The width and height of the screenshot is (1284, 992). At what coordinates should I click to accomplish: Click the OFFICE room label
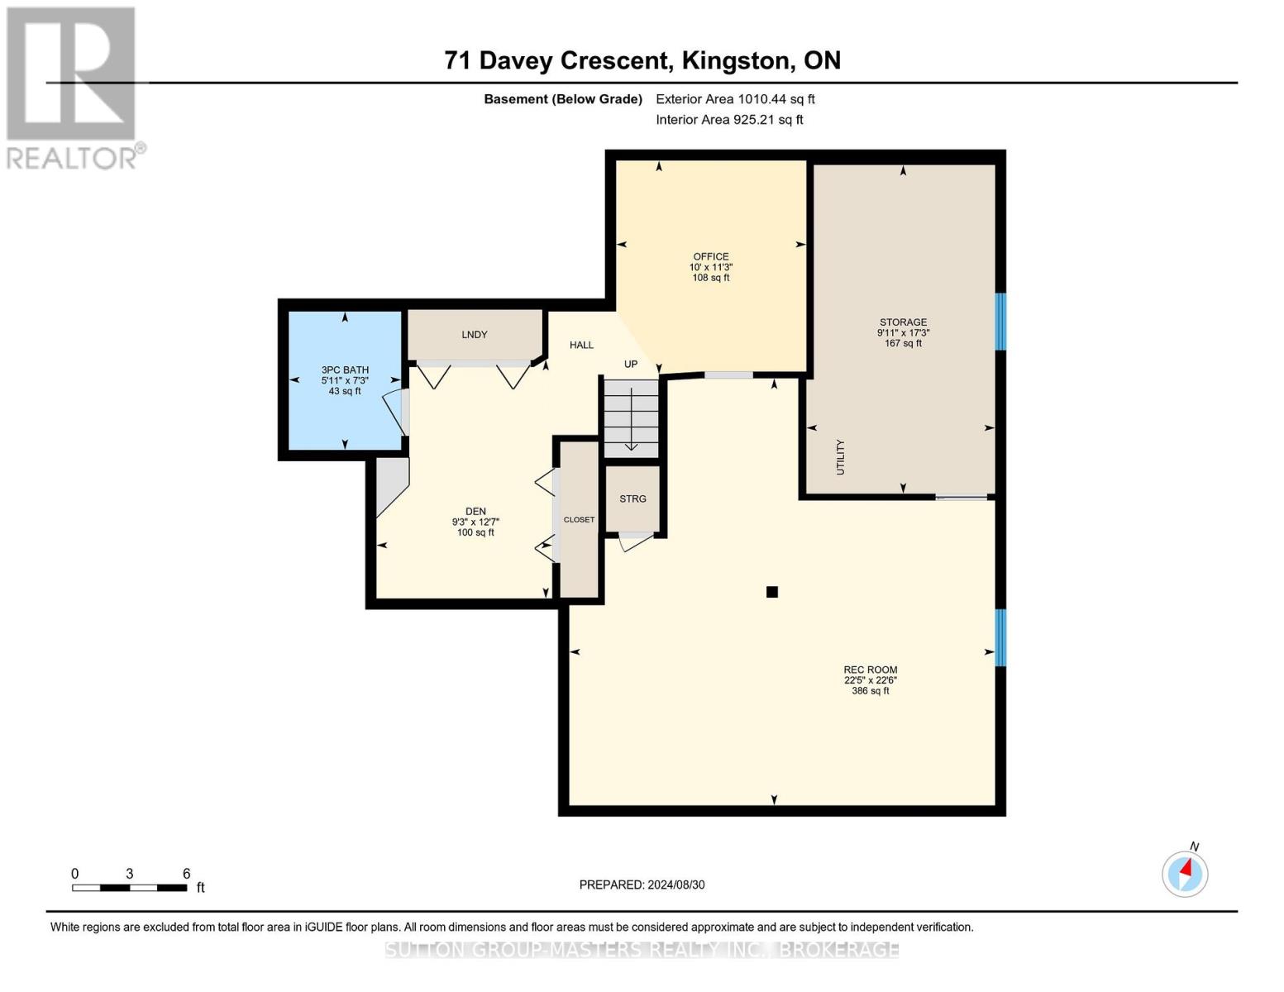(711, 257)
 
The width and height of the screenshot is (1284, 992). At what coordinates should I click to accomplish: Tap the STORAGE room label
(903, 322)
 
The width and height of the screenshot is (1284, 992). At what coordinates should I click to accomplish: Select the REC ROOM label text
(870, 670)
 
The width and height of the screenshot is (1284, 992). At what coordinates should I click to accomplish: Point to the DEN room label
(475, 512)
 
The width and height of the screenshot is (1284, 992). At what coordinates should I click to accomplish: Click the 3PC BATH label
(345, 370)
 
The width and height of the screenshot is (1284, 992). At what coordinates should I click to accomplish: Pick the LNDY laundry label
(475, 335)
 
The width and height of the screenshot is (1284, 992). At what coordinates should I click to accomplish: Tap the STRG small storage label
(632, 499)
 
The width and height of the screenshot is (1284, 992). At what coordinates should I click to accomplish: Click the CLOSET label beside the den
(579, 520)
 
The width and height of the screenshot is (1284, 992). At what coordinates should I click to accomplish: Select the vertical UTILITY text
(841, 457)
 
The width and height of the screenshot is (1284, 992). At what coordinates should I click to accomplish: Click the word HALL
(581, 346)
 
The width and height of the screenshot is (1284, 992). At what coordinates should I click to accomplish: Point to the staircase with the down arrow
(631, 417)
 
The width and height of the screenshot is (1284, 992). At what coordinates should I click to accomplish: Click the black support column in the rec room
(772, 592)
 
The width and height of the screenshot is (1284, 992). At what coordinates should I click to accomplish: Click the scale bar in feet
(129, 888)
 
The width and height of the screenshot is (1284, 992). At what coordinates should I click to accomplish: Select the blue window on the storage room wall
(1000, 322)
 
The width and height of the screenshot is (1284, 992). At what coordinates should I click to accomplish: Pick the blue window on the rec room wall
(1000, 637)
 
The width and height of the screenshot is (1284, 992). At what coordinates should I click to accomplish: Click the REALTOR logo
(73, 88)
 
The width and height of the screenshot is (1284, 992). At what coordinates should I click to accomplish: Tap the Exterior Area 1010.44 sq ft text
(735, 99)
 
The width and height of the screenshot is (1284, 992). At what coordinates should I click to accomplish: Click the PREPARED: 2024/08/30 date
(642, 885)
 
